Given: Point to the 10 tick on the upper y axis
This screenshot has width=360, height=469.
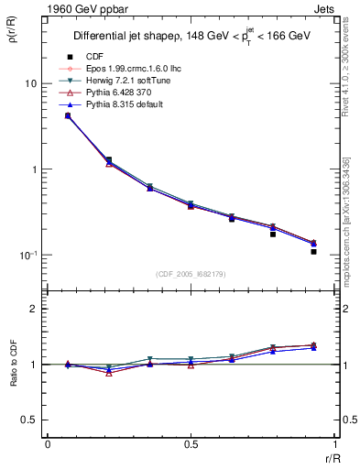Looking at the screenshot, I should pos(29,83).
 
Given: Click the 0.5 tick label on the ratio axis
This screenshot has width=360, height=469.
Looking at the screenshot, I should pos(28,420).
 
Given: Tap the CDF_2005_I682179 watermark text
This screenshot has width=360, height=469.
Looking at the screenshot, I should pos(190,274).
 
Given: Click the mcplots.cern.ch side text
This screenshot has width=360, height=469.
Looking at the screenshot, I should pos(351,220).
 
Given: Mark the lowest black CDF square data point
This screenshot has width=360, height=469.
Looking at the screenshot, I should pos(313,251).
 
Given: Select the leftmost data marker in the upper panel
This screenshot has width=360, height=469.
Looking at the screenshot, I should pos(68,115).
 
